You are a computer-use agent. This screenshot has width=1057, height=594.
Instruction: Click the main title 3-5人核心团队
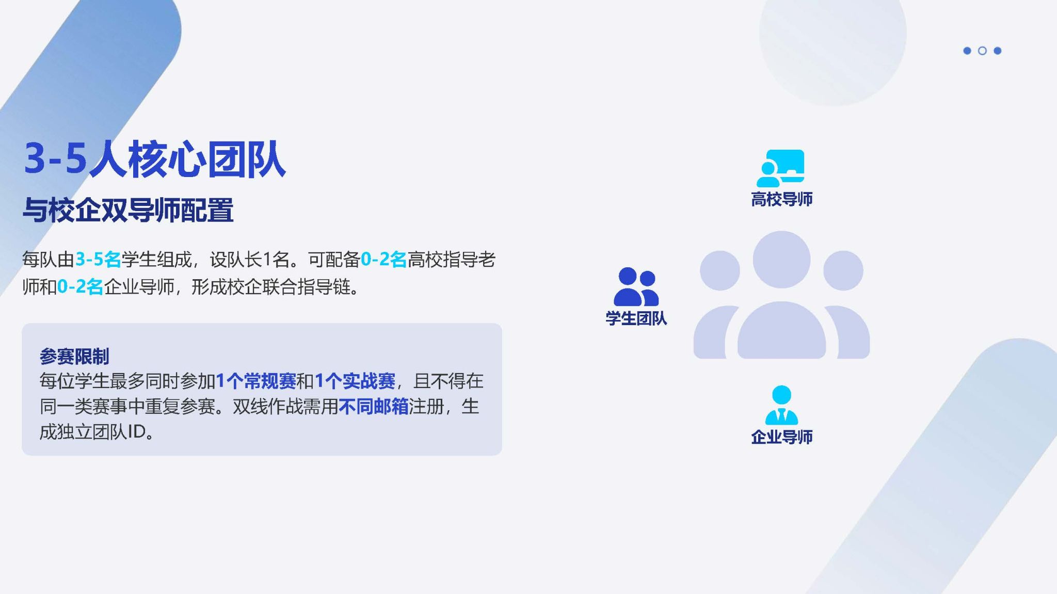point(154,159)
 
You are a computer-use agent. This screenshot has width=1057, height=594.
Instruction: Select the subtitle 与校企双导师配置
point(128,210)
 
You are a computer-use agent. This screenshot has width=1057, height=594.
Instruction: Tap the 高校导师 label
point(781,199)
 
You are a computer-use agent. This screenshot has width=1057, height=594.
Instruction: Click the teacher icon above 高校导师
point(780,168)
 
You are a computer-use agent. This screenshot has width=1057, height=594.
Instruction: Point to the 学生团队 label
point(636,318)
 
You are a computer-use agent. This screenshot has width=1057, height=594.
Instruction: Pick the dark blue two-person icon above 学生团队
point(636,286)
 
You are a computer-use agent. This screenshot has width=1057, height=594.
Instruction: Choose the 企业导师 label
point(781,437)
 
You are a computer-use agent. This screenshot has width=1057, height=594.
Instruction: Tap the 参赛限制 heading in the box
point(74,356)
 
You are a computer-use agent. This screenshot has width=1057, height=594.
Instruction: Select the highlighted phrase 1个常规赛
point(256,381)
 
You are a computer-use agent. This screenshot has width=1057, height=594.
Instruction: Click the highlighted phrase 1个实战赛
point(355,381)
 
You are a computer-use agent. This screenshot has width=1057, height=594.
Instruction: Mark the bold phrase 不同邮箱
point(374,407)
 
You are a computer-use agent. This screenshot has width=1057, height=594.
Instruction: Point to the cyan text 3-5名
point(98,260)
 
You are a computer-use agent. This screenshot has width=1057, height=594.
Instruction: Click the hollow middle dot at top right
point(982,51)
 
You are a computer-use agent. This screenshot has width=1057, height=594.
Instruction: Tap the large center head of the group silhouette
point(781,260)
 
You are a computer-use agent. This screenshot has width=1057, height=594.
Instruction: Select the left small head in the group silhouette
point(720,270)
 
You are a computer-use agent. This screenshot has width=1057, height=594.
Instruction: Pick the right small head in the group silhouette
point(843,270)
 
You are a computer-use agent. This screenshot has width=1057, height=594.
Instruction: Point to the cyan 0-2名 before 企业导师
point(80,286)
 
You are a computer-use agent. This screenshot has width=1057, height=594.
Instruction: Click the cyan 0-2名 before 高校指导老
point(383,260)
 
